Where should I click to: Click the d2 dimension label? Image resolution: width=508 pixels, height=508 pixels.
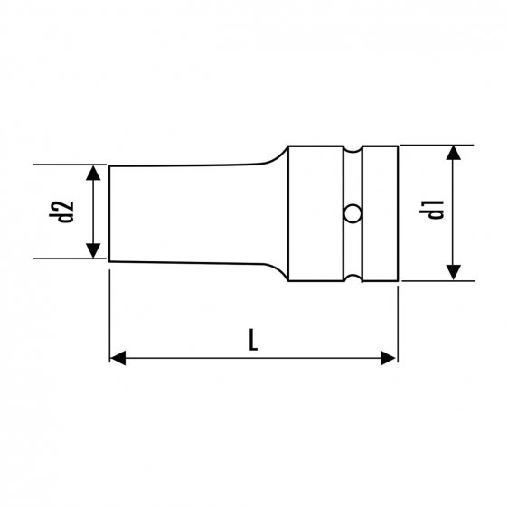(x=61, y=212)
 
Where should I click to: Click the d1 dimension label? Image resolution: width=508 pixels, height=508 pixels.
(x=431, y=210)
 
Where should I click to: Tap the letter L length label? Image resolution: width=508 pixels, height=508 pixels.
(x=253, y=340)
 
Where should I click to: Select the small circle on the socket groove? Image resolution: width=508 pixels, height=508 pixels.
(x=353, y=214)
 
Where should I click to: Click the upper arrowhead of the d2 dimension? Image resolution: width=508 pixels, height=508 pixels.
(x=93, y=173)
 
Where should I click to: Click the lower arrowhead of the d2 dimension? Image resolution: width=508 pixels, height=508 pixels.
(x=93, y=250)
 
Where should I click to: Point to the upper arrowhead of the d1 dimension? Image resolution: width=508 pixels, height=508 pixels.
(x=453, y=153)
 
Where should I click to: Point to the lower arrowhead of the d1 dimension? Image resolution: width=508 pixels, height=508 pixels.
(x=453, y=272)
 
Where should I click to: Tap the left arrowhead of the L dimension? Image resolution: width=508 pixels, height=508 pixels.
(x=118, y=358)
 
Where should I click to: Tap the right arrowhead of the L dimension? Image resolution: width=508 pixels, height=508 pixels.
(x=388, y=358)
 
